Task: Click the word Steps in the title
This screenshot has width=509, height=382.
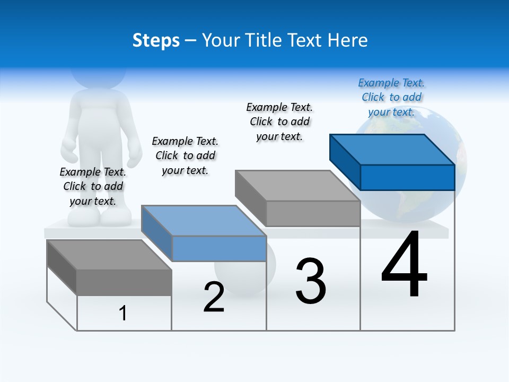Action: [156, 41]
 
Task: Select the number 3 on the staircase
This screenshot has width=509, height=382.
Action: [311, 281]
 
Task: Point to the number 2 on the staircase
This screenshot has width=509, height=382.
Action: [214, 297]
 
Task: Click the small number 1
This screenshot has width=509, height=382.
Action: [123, 313]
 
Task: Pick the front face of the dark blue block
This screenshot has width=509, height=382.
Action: [407, 177]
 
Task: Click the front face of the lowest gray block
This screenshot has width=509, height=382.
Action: [124, 282]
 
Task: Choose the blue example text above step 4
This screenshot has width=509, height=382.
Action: [391, 97]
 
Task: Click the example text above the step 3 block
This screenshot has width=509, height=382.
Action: [279, 121]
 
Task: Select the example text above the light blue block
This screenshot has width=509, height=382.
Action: [185, 155]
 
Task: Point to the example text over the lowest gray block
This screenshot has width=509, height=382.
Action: [93, 186]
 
